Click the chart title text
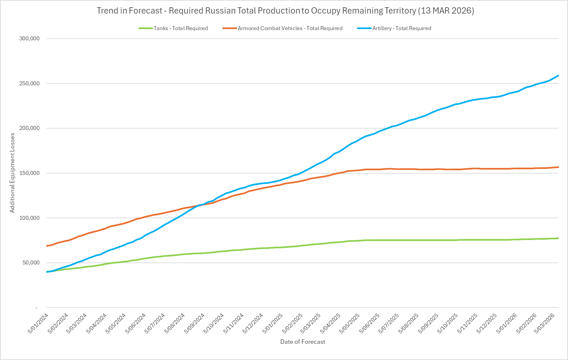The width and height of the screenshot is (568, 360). (x=285, y=11)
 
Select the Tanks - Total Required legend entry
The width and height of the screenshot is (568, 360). (x=181, y=28)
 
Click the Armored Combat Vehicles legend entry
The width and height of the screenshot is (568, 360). (x=290, y=28)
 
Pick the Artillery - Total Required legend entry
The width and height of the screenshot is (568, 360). (x=402, y=28)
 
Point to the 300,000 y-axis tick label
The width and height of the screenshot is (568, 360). (x=29, y=38)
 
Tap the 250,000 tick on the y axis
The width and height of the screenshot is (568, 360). (x=29, y=83)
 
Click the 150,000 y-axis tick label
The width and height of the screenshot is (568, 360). (x=29, y=173)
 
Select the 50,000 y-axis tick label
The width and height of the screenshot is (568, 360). (x=31, y=262)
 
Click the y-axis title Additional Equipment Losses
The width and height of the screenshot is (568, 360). (x=12, y=173)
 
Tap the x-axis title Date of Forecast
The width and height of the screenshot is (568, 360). (x=302, y=342)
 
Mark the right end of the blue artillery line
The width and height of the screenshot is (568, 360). (x=558, y=76)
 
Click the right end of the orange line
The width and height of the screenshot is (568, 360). (x=558, y=167)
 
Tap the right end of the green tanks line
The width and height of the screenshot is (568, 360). (x=558, y=238)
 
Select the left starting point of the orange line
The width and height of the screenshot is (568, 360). (x=47, y=246)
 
